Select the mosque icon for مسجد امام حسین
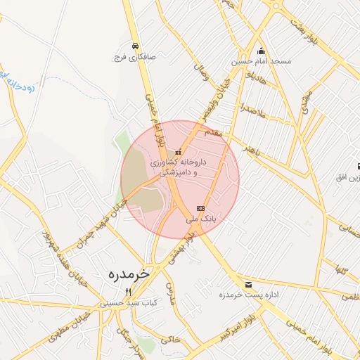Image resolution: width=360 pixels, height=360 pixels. [262, 51]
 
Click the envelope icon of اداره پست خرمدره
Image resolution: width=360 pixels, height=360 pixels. [248, 284]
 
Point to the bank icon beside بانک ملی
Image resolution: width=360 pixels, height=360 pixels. [201, 208]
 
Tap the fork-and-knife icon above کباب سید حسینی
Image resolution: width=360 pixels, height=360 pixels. [128, 292]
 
